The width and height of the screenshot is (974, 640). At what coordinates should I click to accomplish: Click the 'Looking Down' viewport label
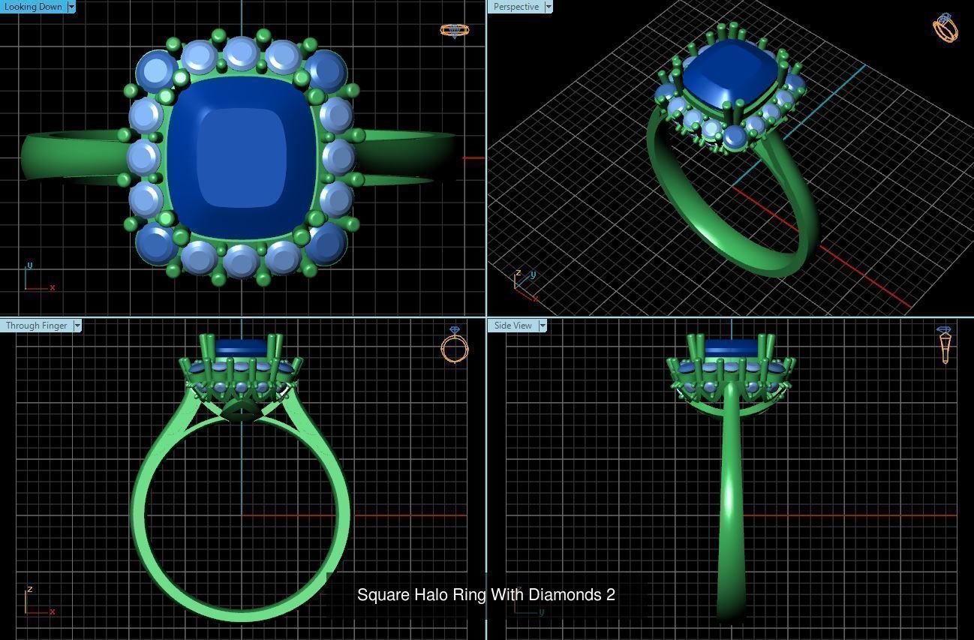(33, 7)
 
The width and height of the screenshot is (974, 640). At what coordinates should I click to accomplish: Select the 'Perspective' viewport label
(516, 7)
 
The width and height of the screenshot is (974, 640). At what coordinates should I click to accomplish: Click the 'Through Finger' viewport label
(36, 326)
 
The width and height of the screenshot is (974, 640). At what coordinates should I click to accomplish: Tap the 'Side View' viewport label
(513, 326)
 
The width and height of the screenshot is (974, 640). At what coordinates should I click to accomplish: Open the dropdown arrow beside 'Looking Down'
(71, 7)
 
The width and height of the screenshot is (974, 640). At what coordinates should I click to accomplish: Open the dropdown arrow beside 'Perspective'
(549, 7)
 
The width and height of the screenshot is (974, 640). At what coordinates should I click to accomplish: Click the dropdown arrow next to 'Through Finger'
(77, 326)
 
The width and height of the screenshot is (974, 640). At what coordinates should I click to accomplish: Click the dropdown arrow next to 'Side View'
(542, 326)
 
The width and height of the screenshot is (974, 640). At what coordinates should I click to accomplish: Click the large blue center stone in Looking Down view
(241, 158)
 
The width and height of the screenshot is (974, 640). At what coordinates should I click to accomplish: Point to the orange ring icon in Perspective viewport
(945, 28)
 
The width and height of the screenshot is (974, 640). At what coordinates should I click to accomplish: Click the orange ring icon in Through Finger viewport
(454, 346)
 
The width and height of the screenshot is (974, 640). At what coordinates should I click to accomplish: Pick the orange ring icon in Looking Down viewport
(454, 31)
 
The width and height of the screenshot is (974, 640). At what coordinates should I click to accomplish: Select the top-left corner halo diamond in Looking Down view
(156, 71)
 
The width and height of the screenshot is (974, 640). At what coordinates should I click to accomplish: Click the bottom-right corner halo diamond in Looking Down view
(326, 243)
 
